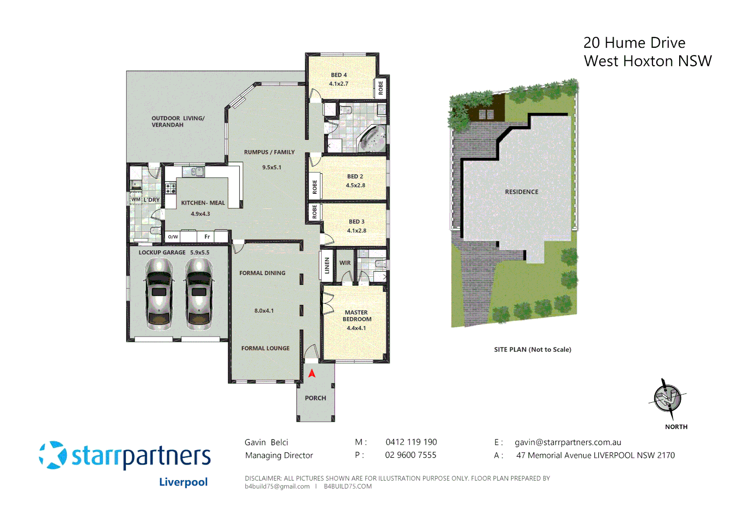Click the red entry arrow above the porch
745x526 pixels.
(x=312, y=374)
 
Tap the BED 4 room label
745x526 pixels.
(x=339, y=75)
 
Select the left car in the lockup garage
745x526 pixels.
(x=159, y=294)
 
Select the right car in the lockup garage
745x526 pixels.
(x=199, y=294)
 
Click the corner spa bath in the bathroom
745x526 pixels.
(x=372, y=138)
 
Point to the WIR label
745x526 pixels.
(x=345, y=263)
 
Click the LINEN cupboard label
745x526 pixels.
(x=327, y=266)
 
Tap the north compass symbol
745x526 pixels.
(x=668, y=398)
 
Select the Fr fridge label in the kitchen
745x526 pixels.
(x=207, y=237)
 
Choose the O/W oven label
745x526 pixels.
(x=173, y=237)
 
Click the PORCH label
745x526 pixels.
(x=315, y=398)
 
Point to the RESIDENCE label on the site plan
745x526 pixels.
(x=522, y=192)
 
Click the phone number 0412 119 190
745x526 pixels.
(x=411, y=442)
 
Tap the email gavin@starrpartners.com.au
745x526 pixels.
(x=568, y=442)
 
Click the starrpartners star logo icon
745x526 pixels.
(x=53, y=455)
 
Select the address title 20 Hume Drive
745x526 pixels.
(x=634, y=43)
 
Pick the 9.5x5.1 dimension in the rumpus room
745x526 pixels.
(x=272, y=167)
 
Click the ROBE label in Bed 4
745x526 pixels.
(x=381, y=88)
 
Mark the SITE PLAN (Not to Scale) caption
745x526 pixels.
(x=532, y=350)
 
